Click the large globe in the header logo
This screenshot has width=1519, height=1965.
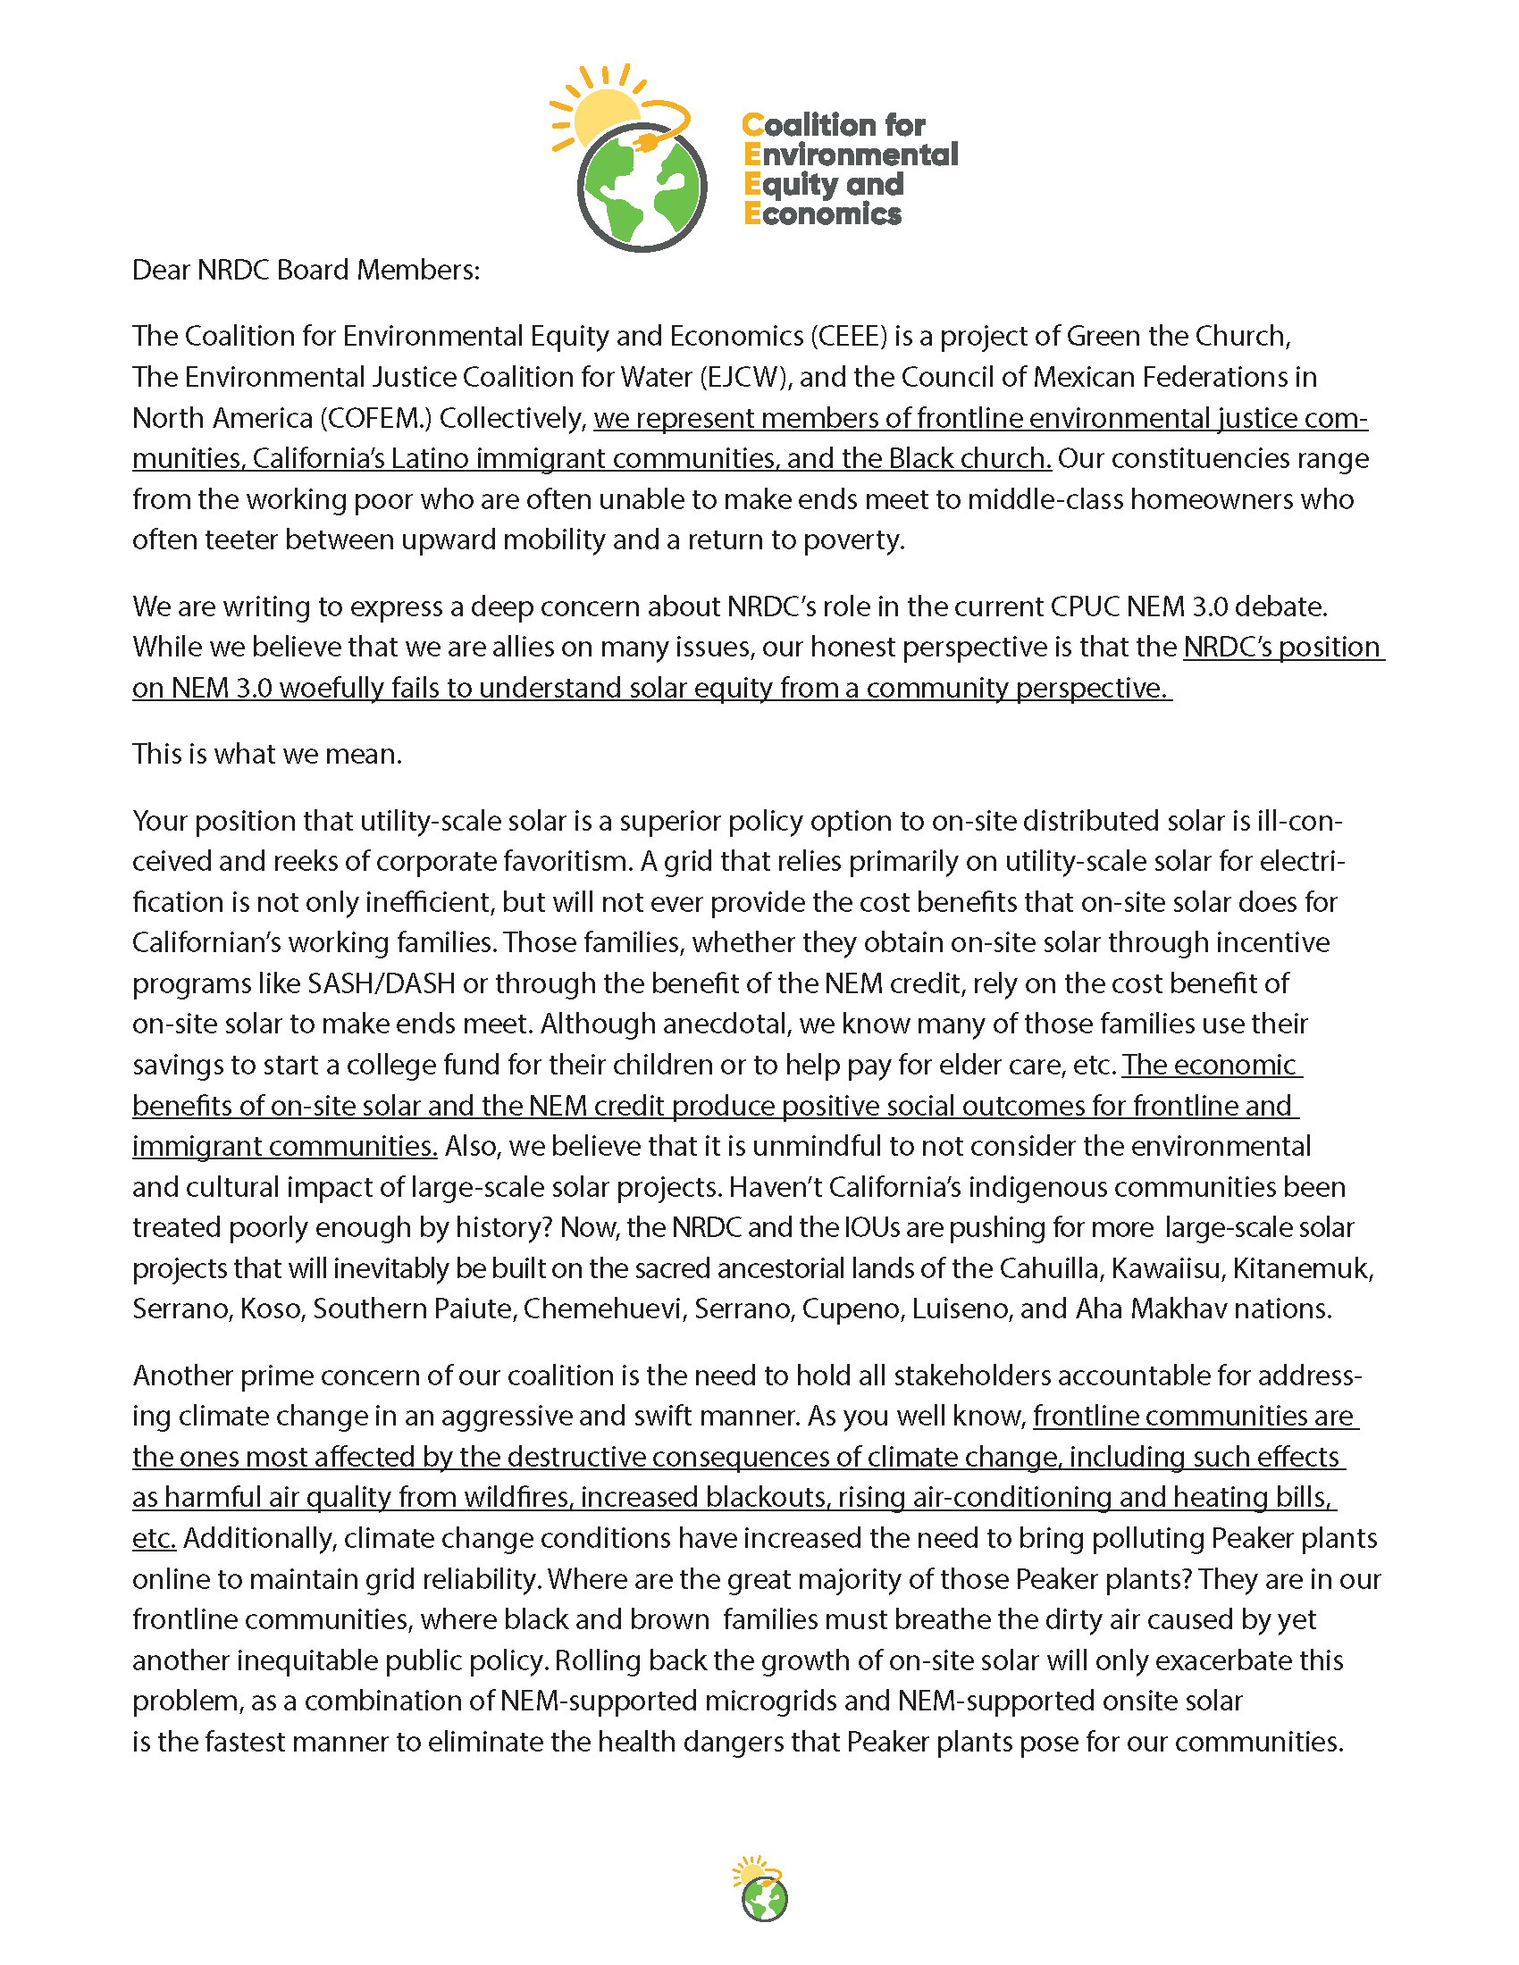tap(642, 188)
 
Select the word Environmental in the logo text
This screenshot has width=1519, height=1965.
tap(852, 155)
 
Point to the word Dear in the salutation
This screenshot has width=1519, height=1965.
tap(161, 270)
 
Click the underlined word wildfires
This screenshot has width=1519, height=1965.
tap(516, 1498)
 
